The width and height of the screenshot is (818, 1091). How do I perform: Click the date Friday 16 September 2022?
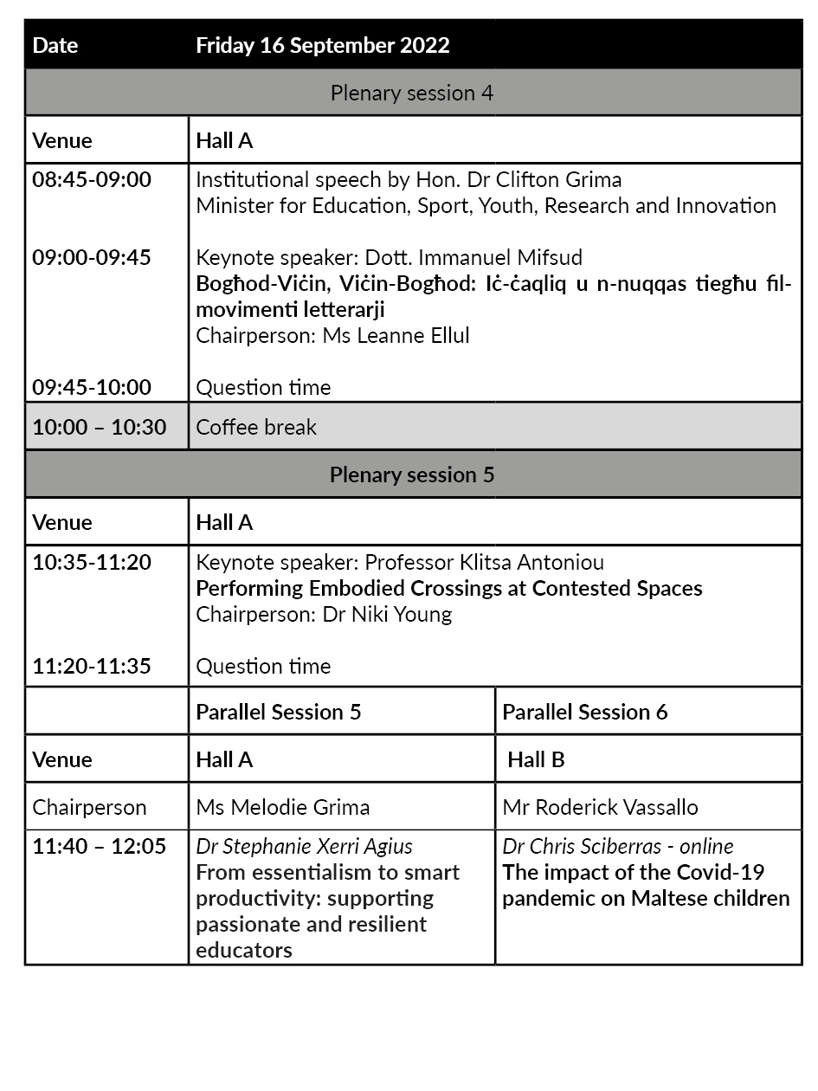click(x=323, y=46)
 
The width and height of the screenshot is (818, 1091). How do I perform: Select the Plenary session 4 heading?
click(x=412, y=93)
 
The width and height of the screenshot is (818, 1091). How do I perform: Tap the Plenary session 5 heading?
click(x=412, y=474)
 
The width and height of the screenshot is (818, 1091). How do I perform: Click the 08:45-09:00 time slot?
click(x=92, y=180)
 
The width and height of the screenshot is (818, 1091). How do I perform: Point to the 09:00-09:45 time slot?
click(x=92, y=257)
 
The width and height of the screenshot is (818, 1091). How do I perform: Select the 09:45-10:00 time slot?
click(x=92, y=387)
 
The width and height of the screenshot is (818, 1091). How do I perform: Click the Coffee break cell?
click(x=257, y=427)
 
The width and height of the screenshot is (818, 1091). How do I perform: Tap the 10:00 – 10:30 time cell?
click(x=100, y=427)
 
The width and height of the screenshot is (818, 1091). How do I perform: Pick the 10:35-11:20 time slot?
click(x=92, y=562)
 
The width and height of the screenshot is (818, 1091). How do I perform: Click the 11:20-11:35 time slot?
click(x=92, y=666)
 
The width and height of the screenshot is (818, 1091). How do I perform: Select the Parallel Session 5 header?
click(x=279, y=712)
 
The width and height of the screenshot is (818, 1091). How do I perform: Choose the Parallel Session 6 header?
click(x=585, y=712)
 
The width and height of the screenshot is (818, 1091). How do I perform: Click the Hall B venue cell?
click(x=536, y=759)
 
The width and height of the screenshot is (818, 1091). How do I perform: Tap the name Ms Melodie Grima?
click(x=283, y=807)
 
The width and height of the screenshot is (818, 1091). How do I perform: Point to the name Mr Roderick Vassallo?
click(x=601, y=807)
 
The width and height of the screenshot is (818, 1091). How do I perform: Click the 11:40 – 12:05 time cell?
click(x=100, y=846)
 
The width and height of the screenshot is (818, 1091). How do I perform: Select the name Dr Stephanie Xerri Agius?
click(x=305, y=846)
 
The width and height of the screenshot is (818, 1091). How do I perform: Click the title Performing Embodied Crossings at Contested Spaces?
click(x=449, y=589)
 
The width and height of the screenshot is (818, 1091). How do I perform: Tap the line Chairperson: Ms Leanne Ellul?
click(x=333, y=335)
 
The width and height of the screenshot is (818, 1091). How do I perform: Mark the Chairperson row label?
click(x=90, y=807)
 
